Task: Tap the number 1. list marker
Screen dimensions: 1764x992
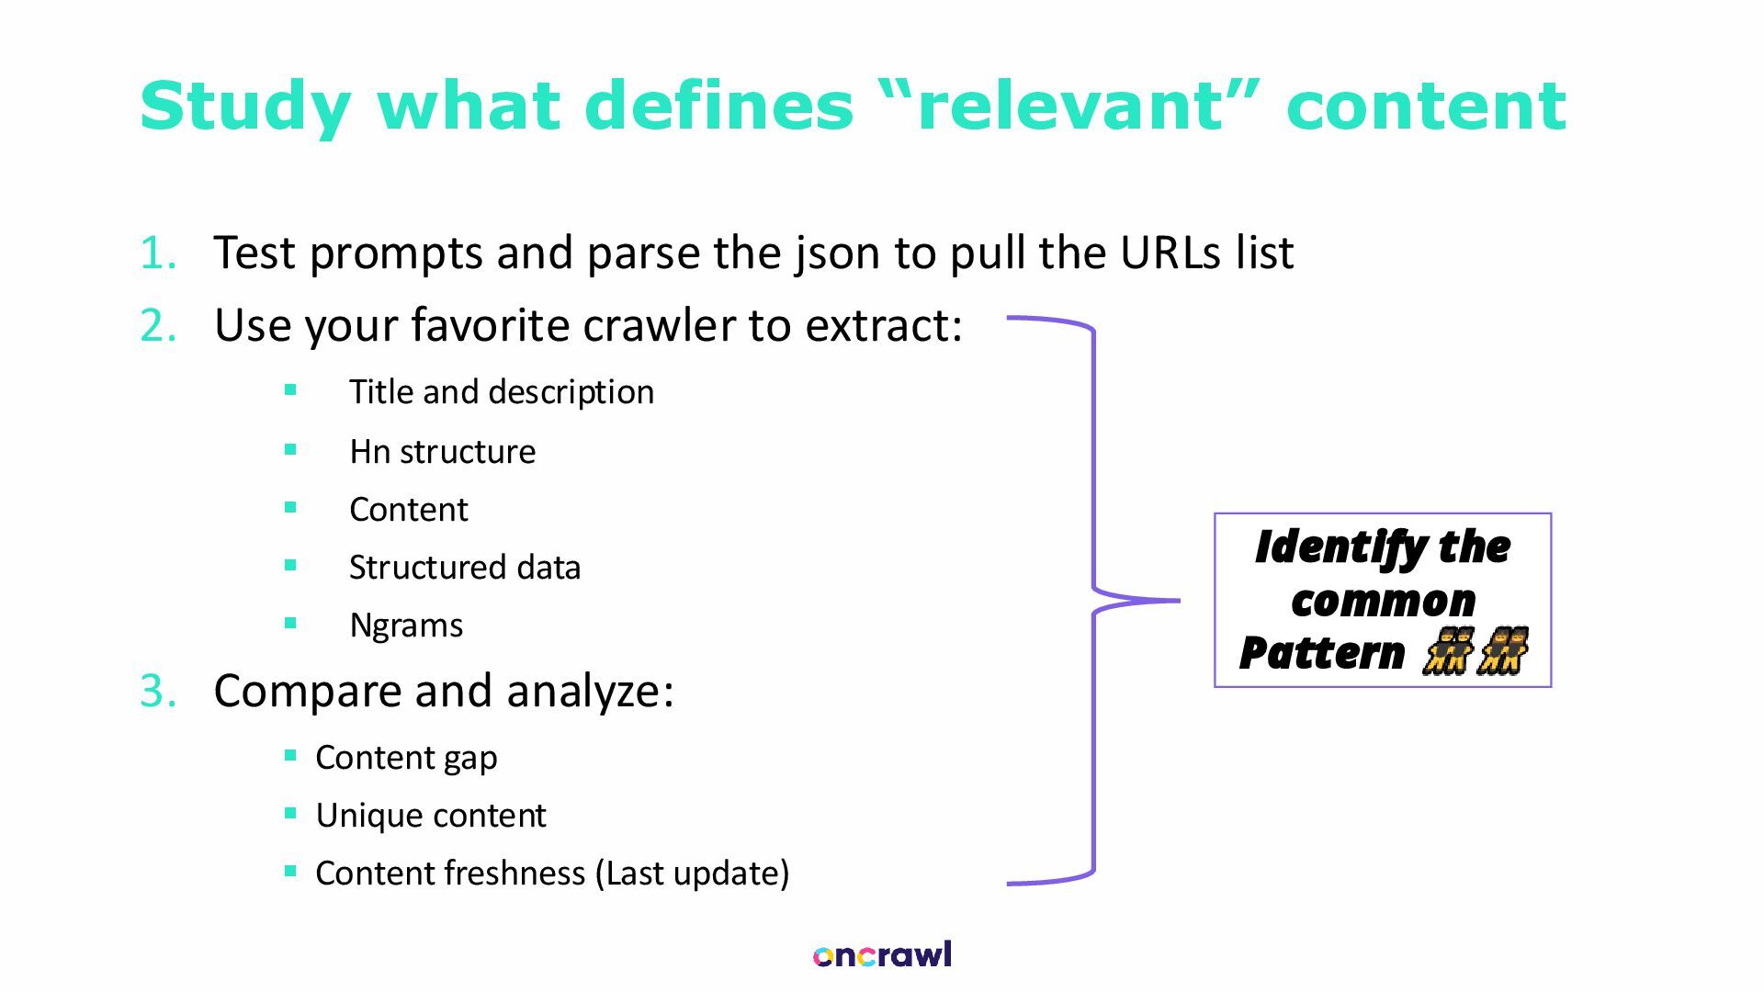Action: point(158,253)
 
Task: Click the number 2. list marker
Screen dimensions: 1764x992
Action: point(158,325)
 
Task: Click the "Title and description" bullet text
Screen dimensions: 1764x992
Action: point(502,392)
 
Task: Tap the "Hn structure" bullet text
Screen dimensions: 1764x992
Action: point(442,452)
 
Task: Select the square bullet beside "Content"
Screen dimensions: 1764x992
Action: point(291,507)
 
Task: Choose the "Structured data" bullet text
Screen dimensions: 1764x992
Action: point(465,568)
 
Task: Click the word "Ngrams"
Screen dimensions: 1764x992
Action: point(406,626)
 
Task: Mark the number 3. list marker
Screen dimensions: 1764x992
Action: point(158,691)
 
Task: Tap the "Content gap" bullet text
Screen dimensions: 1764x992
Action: point(406,758)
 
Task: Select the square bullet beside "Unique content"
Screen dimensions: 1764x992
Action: point(291,813)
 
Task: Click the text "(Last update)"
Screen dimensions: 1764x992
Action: point(692,874)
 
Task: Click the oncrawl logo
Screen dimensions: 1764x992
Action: point(882,955)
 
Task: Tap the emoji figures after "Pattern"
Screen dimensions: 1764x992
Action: point(1474,652)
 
